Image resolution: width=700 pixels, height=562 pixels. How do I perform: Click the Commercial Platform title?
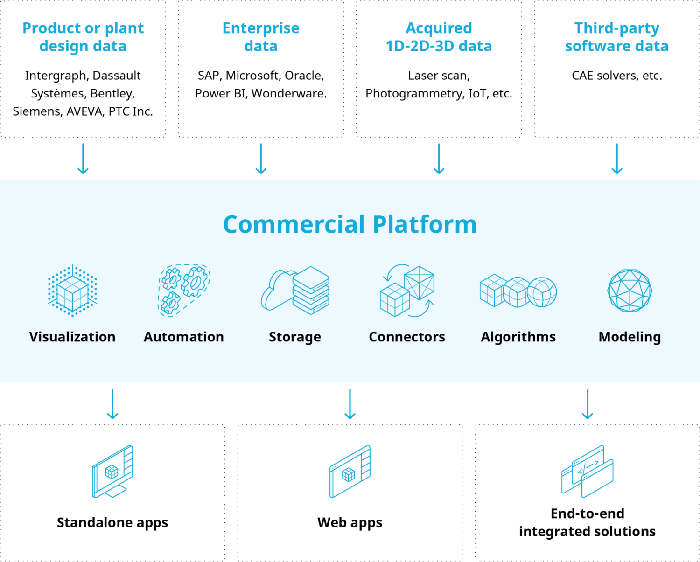pos(350,224)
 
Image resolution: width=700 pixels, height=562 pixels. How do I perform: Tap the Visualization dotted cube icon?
pos(72,290)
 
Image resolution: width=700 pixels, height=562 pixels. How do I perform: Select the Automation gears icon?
pos(184,290)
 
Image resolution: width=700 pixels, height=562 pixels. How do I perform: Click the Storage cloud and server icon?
pos(295,290)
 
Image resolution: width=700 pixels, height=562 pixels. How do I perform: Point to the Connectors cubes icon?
pos(407,290)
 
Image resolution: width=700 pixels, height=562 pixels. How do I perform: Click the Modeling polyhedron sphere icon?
pos(630,290)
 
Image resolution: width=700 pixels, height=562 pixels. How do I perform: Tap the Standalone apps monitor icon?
pos(112,472)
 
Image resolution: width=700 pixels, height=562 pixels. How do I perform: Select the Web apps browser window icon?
pos(350,472)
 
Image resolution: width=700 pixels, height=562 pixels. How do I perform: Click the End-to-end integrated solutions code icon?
pos(587,472)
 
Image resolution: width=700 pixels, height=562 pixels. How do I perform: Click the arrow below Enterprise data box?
pos(261,159)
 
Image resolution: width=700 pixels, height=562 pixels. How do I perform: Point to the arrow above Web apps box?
pos(350,404)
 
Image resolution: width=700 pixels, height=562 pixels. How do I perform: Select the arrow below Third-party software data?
pos(617,159)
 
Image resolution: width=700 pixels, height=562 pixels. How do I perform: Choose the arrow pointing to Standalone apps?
pos(112,404)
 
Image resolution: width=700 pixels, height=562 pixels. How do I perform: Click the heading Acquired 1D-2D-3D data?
pos(439,37)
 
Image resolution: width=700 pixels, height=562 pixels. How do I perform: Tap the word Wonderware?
pos(289,94)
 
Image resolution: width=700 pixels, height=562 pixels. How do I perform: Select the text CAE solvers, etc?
pos(617,76)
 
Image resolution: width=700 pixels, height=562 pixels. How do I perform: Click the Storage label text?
pos(295,337)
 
